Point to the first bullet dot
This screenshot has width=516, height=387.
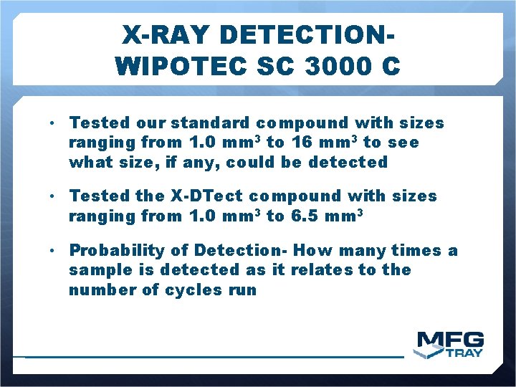[x=54, y=123]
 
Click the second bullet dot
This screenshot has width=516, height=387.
[x=54, y=196]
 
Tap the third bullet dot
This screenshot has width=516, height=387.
[x=54, y=251]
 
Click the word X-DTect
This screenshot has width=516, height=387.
[x=209, y=196]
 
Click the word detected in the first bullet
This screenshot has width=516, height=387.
[x=348, y=162]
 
